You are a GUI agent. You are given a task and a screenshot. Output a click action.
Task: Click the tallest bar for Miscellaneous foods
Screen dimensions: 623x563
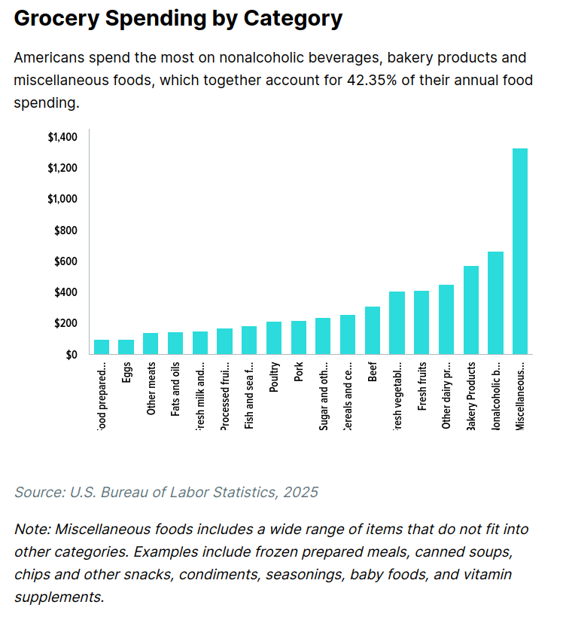coord(520,251)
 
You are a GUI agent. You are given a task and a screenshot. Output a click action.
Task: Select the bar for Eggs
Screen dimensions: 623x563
coord(126,347)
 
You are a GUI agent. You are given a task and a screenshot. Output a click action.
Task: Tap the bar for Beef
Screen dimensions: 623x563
coord(373,330)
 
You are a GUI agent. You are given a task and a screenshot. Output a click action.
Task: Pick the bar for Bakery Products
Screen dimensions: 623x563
coord(471,310)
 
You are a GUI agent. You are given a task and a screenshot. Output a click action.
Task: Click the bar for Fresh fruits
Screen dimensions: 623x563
coord(421,322)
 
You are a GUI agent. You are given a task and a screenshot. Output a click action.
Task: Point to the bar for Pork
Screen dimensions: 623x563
coord(299,337)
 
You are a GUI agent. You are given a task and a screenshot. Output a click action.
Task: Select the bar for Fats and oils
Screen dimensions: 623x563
coord(175,343)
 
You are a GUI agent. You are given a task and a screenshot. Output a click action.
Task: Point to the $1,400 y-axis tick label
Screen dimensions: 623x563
coord(62,137)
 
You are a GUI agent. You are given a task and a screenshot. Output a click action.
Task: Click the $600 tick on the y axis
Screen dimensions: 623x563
coord(65,261)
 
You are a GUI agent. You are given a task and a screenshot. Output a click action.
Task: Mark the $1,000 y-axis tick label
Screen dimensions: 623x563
coord(62,199)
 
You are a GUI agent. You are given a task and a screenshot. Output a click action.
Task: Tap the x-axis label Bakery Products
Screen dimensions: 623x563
coord(471,396)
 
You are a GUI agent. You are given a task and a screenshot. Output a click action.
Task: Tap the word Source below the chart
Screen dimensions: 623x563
coord(38,492)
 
